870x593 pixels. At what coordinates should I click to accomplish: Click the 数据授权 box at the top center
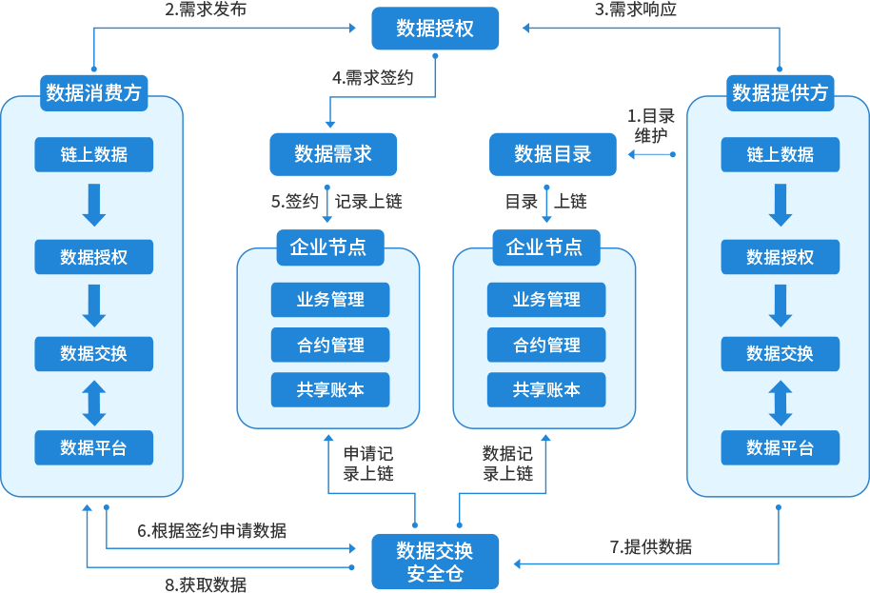coord(435,29)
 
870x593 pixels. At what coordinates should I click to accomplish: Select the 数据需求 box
coord(333,154)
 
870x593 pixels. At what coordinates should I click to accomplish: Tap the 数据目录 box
coord(552,154)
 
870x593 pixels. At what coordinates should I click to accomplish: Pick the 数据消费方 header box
coord(93,93)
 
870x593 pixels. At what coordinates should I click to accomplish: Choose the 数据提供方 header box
coord(781,93)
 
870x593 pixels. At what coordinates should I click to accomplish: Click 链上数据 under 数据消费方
coord(93,154)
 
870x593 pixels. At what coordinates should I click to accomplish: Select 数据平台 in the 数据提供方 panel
coord(781,447)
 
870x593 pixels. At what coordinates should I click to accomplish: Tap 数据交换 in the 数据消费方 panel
coord(93,353)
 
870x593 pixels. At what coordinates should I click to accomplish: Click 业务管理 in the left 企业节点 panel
coord(330,300)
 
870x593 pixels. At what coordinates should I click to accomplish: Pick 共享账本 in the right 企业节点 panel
coord(546,389)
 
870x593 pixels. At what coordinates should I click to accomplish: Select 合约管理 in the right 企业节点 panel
coord(546,345)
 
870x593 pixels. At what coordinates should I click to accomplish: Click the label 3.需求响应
coord(636,10)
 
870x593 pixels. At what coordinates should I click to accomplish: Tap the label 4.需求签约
coord(373,79)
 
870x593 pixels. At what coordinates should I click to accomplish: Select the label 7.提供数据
coord(651,547)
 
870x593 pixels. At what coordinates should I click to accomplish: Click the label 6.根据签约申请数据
coord(211,531)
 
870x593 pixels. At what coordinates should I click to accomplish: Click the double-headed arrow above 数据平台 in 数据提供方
coord(781,403)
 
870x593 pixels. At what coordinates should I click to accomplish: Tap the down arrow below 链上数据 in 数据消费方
coord(93,206)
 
